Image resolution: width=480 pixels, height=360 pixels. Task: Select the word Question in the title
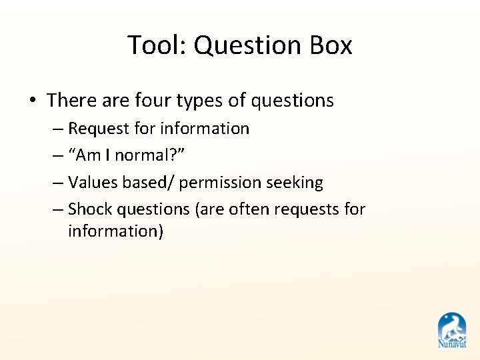pyautogui.click(x=243, y=45)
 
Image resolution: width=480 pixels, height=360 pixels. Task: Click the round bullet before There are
pyautogui.click(x=32, y=101)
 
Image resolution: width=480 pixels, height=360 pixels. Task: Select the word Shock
pyautogui.click(x=90, y=209)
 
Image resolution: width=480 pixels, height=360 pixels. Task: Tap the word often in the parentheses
pyautogui.click(x=249, y=209)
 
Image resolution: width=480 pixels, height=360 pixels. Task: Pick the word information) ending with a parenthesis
pyautogui.click(x=115, y=231)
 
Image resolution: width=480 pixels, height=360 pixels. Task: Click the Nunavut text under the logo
pyautogui.click(x=452, y=344)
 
